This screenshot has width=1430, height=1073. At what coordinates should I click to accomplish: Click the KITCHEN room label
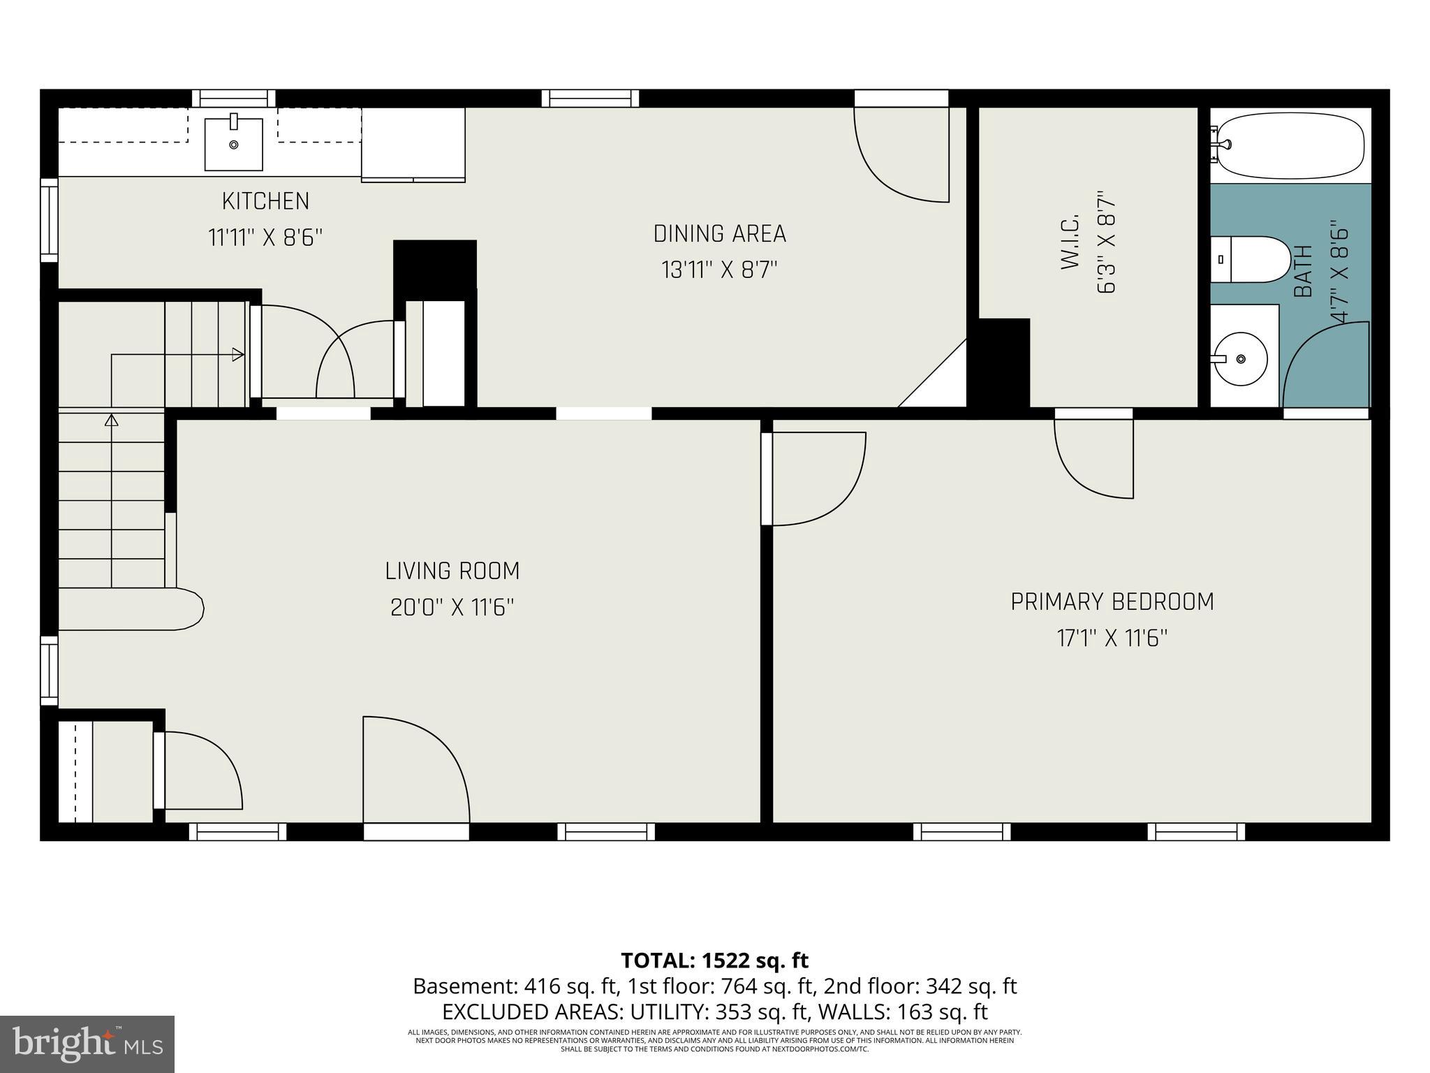point(265,201)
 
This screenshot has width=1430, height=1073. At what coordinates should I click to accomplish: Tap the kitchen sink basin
point(234,145)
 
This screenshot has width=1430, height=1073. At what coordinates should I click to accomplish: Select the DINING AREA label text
point(719,234)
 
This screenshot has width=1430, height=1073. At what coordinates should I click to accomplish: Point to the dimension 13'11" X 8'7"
point(719,270)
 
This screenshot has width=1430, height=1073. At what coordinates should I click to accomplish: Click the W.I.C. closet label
point(1071,242)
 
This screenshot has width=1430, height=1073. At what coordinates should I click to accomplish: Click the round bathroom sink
point(1241,359)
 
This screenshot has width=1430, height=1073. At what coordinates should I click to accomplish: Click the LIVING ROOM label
point(452,571)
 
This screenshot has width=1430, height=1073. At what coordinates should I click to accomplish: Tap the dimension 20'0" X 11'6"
point(452,608)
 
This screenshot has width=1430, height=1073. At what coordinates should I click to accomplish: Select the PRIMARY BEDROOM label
point(1112,602)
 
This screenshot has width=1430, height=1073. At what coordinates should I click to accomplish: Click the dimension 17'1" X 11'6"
point(1112,638)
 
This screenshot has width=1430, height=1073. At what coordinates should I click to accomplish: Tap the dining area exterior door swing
point(901,157)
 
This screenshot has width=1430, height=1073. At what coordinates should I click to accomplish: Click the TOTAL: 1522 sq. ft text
point(714,961)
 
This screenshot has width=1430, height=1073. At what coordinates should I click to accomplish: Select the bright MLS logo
point(87,1044)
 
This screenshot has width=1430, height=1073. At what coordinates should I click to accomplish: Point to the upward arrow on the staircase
point(111,421)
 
